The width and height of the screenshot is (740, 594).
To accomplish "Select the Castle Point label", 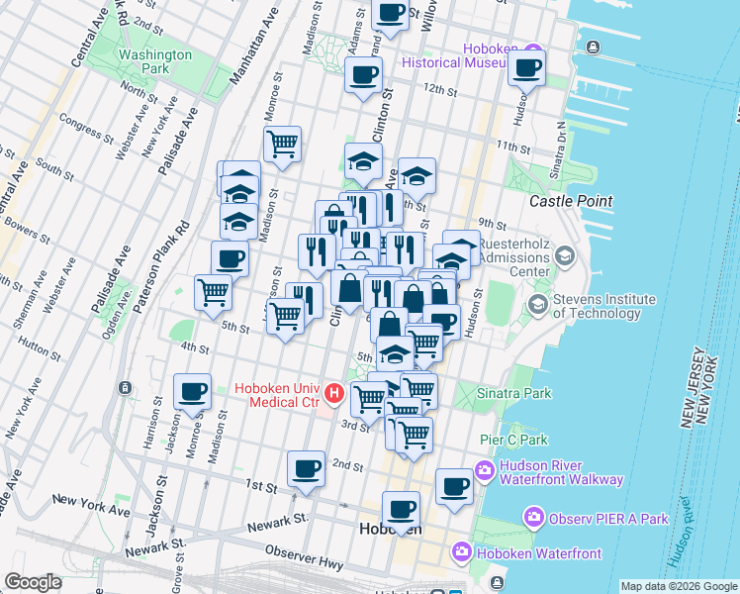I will coord(565,200).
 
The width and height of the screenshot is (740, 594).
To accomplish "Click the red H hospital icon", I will coord(334,394).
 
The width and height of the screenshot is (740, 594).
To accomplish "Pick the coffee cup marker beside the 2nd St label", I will coord(306,466).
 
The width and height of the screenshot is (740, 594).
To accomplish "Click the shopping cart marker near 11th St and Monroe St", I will coord(282,143).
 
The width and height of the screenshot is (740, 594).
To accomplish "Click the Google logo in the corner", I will coord(33,582).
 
